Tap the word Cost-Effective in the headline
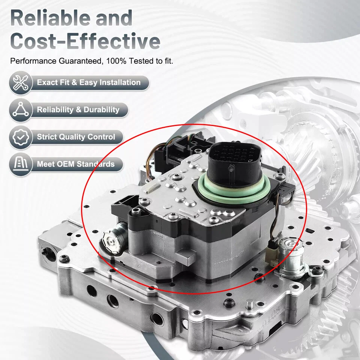tap(85, 41)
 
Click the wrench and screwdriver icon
tap(21, 83)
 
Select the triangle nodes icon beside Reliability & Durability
tap(21, 110)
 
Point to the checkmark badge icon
tap(21, 137)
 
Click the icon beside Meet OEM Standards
tap(21, 164)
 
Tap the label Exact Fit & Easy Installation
tap(88, 82)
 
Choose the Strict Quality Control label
tap(76, 137)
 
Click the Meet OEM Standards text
tap(75, 164)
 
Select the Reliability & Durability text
tap(78, 110)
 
